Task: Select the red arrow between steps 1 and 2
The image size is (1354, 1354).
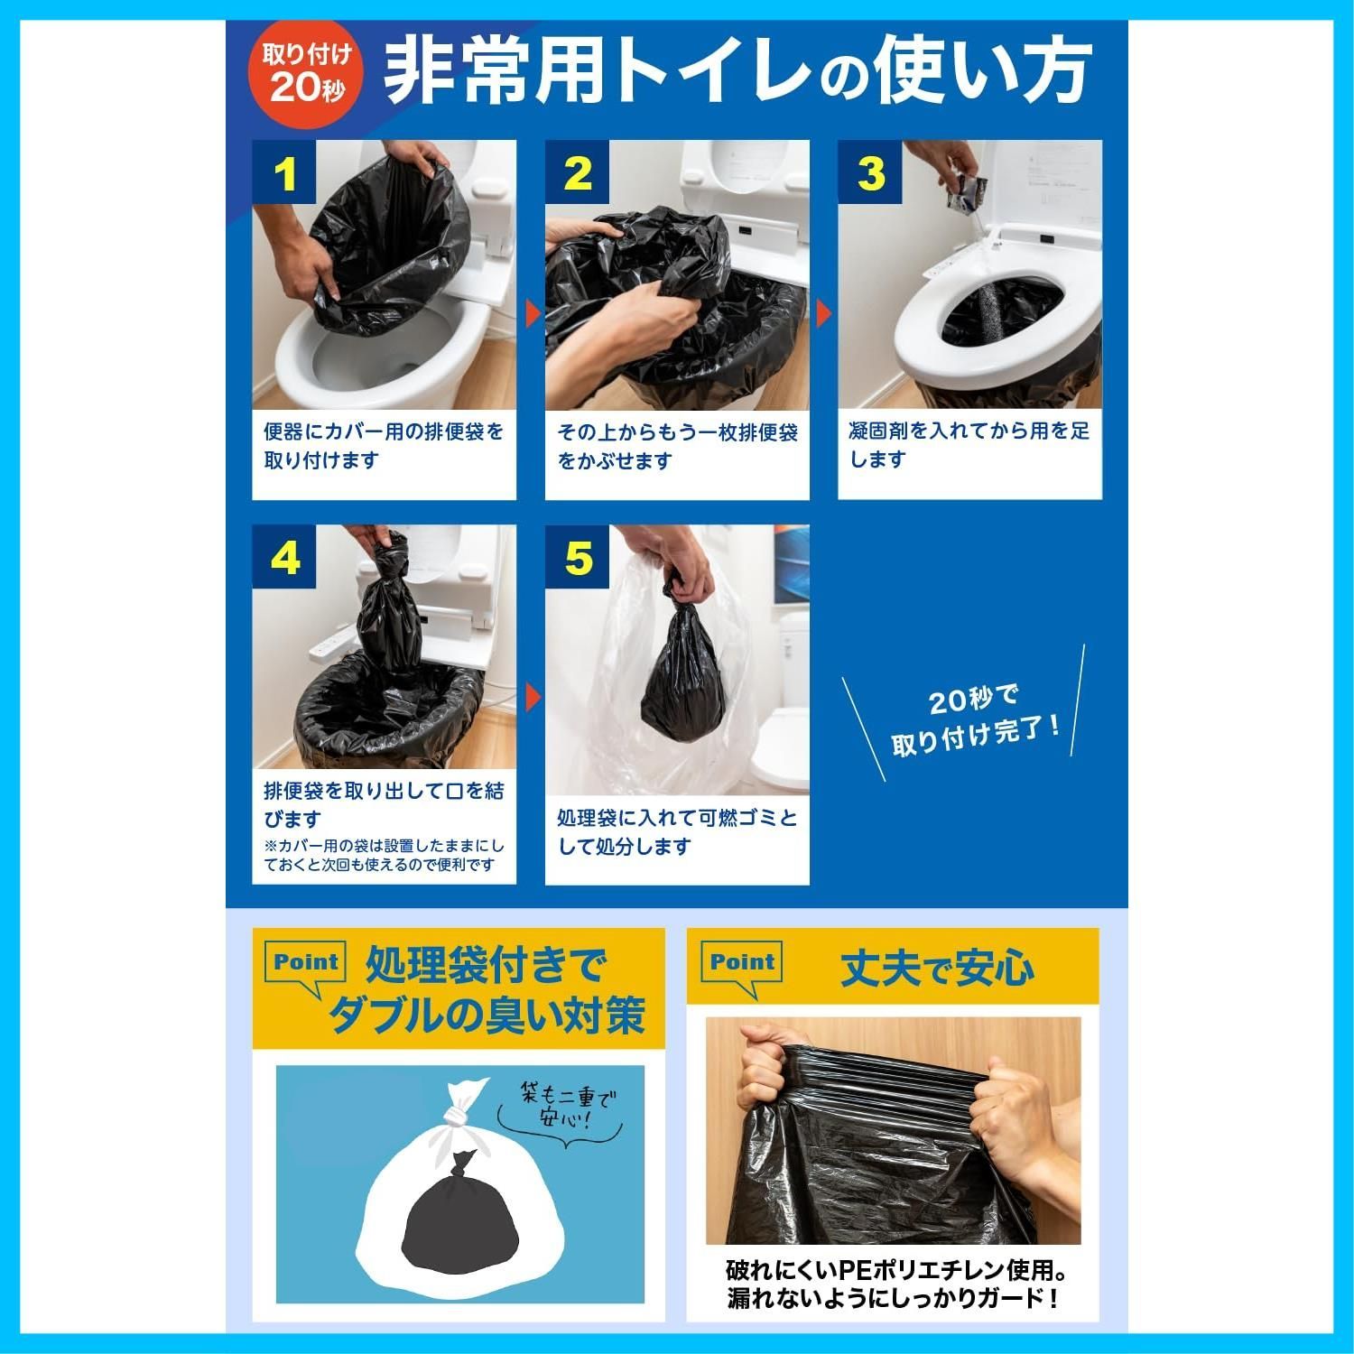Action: click(x=532, y=314)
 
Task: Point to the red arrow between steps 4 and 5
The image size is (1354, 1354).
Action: click(x=532, y=697)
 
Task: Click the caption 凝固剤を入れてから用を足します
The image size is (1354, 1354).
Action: click(x=969, y=445)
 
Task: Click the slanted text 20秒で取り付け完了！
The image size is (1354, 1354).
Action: click(x=973, y=720)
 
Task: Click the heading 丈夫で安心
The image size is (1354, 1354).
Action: click(x=937, y=969)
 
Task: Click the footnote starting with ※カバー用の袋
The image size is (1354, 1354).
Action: click(x=384, y=856)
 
